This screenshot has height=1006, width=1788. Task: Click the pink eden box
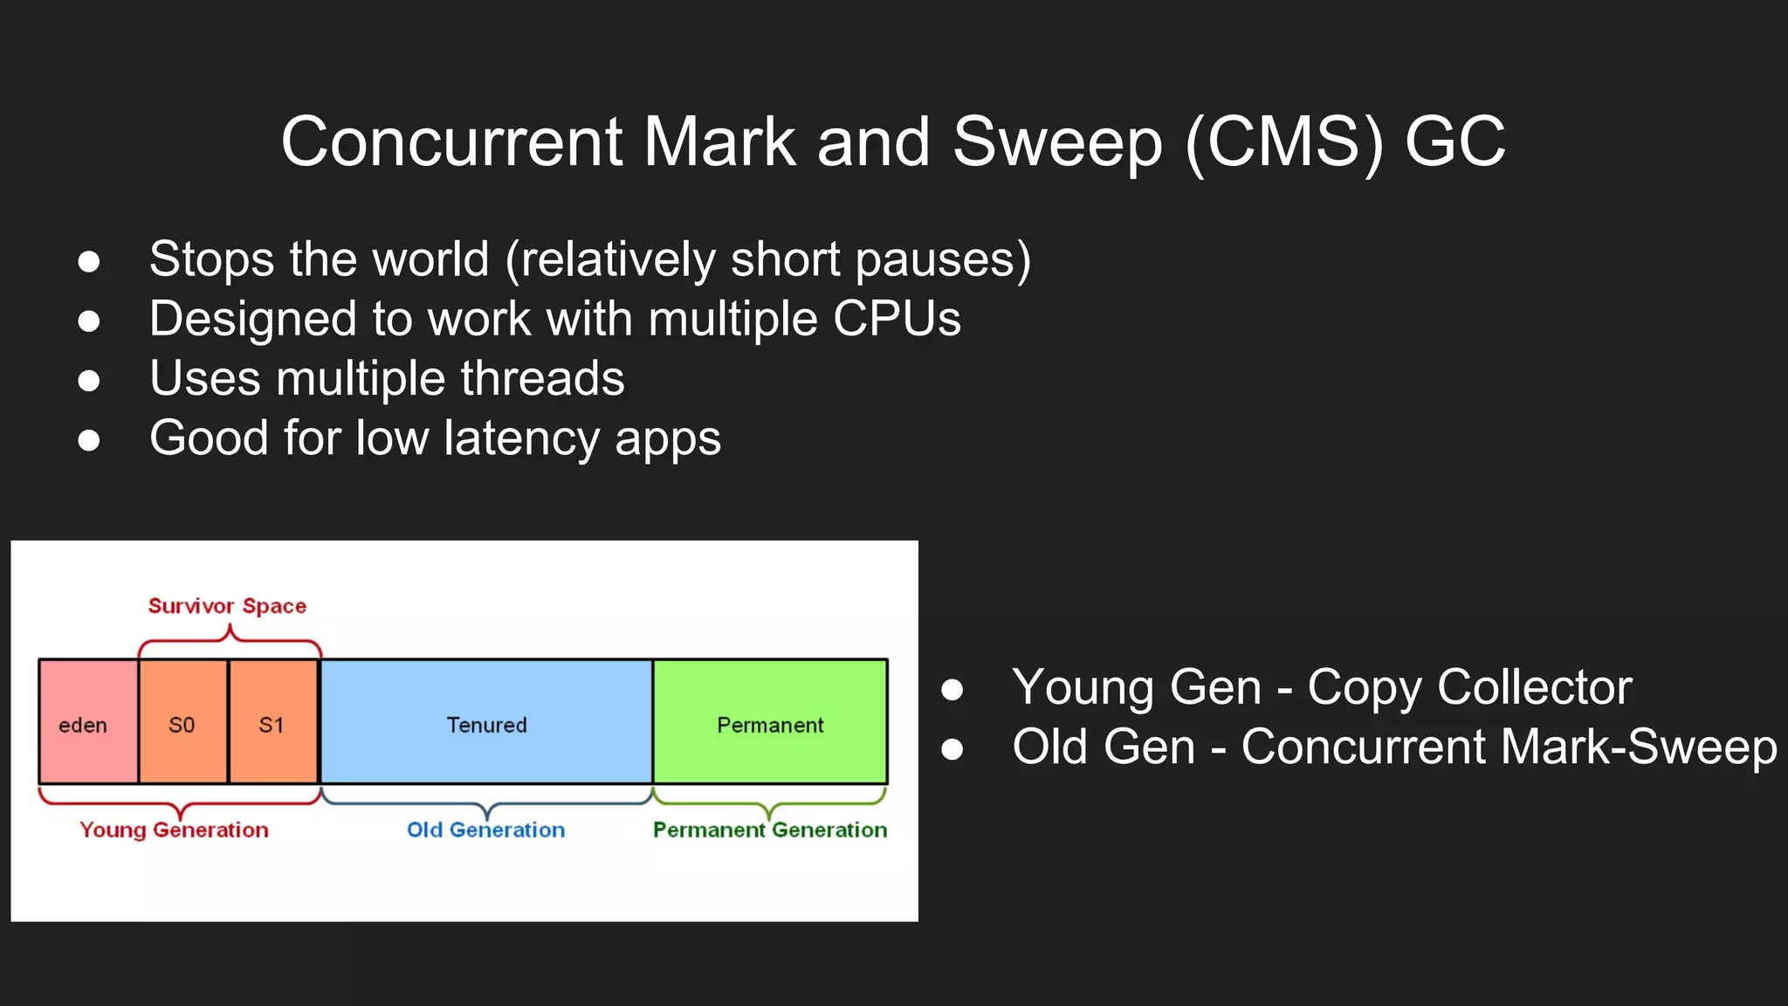point(88,722)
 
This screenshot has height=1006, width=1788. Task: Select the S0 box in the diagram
point(182,722)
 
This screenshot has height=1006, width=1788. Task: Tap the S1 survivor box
point(272,722)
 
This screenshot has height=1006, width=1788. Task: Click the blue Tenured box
point(486,722)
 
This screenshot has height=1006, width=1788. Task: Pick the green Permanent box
point(770,722)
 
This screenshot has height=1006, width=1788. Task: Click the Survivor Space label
point(227,606)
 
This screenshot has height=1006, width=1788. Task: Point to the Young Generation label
point(174,830)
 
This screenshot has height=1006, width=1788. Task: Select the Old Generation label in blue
point(485,830)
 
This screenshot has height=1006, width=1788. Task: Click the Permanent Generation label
point(769,830)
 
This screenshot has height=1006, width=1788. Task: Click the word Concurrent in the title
point(451,142)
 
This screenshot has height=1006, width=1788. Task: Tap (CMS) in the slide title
point(1284,142)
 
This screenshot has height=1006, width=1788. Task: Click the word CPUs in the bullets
point(897,319)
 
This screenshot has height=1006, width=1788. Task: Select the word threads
point(542,379)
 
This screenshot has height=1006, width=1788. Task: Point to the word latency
point(521,438)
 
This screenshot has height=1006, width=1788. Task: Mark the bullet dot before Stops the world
point(88,261)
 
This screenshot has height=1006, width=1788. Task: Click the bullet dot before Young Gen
point(952,690)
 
